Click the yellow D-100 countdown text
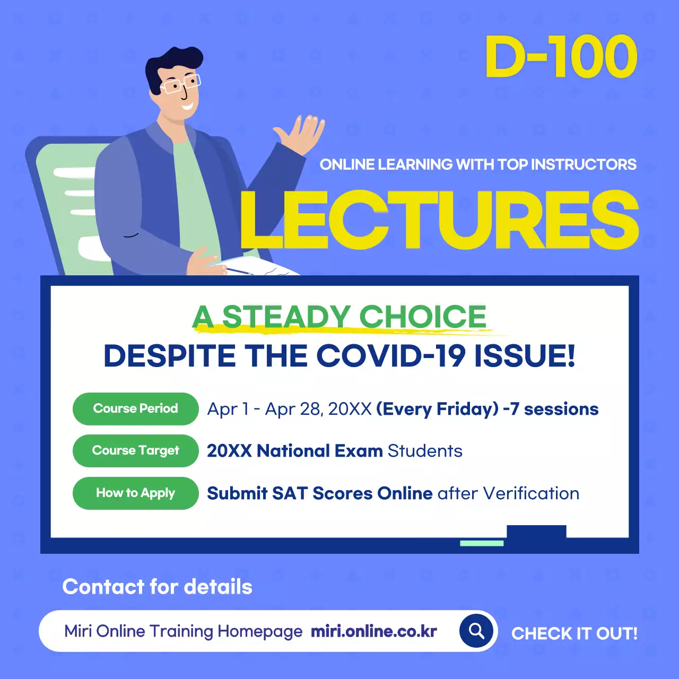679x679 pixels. tap(561, 57)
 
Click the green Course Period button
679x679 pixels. tap(135, 408)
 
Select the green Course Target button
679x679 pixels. tap(135, 451)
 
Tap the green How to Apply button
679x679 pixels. tap(135, 493)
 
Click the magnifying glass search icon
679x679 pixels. tap(476, 631)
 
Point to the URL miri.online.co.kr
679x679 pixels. tap(374, 631)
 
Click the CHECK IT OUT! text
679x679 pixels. tap(574, 633)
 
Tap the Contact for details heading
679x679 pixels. tap(158, 587)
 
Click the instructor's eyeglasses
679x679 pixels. tap(181, 84)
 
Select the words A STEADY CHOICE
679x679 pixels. tap(339, 317)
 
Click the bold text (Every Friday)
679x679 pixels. tap(438, 409)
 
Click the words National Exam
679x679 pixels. tap(319, 451)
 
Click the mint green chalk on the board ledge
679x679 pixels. tap(482, 543)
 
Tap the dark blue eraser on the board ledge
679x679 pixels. tap(536, 532)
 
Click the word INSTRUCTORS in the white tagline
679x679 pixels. tap(584, 164)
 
